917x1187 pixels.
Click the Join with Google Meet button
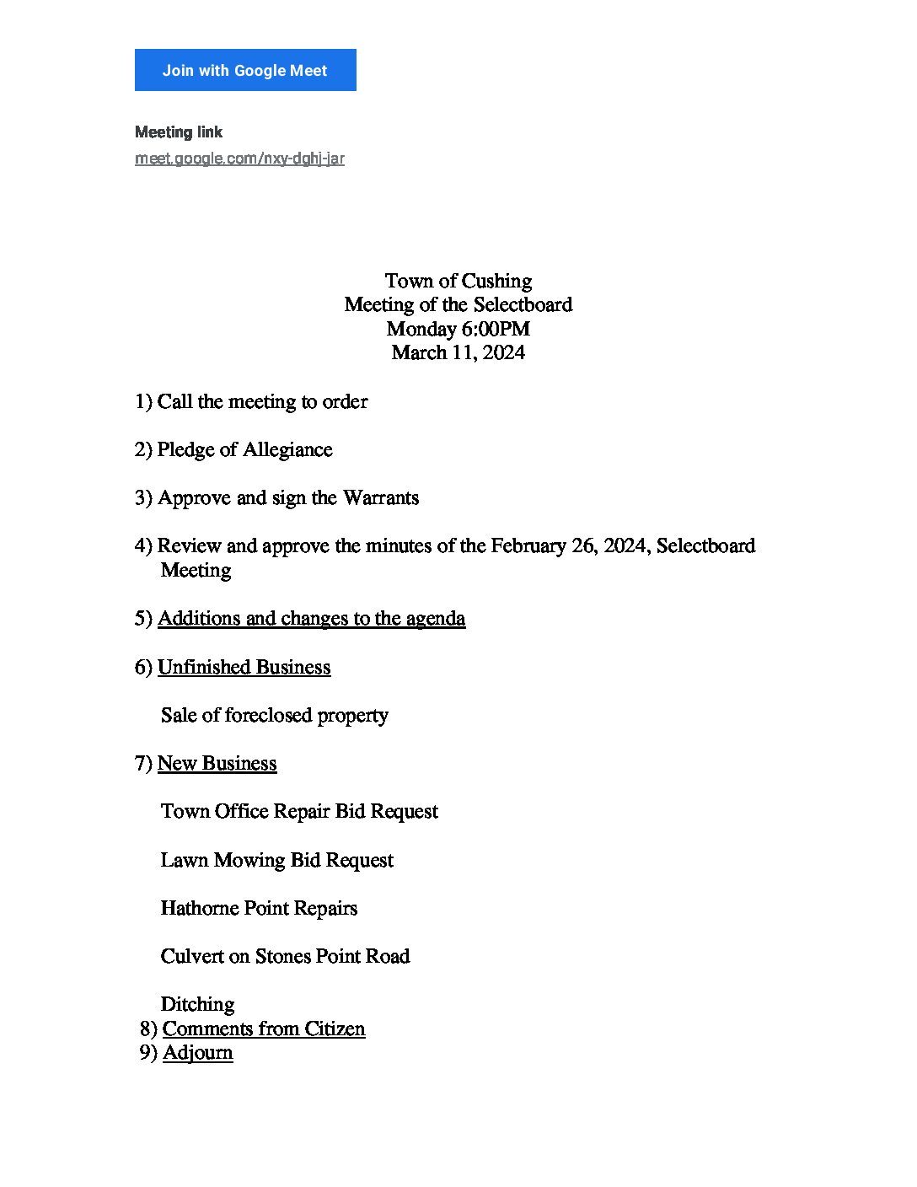pos(245,70)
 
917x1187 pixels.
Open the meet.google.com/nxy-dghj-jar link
pos(239,158)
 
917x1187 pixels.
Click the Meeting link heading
pos(179,132)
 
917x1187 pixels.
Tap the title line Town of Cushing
pos(458,281)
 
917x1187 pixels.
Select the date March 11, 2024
pos(458,352)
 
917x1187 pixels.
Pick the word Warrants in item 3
pos(381,498)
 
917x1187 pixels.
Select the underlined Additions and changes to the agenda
pos(311,619)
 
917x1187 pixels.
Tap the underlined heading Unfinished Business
pos(244,668)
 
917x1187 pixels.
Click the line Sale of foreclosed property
pos(274,716)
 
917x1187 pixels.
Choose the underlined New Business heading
pos(217,764)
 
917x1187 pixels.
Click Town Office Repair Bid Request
pos(299,812)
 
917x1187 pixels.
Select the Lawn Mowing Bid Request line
pos(276,861)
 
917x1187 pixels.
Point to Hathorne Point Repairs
pos(259,909)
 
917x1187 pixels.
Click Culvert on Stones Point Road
pos(285,957)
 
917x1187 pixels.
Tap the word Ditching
pos(197,1005)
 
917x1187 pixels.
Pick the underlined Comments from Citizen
pos(264,1029)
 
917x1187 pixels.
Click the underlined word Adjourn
pos(197,1053)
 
